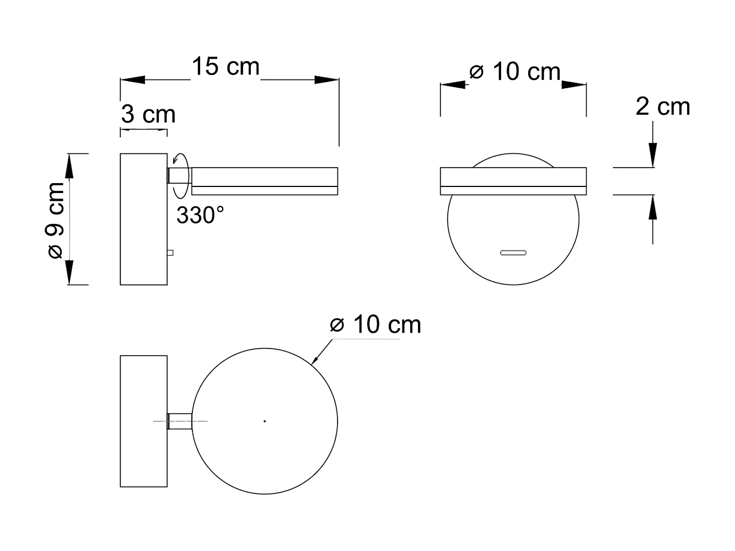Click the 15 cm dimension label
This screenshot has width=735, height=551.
tap(226, 67)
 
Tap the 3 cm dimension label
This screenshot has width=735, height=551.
tap(148, 115)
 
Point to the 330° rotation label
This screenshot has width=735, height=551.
tap(200, 215)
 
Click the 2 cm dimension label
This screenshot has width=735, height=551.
tap(663, 106)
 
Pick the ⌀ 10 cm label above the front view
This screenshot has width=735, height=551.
tap(515, 72)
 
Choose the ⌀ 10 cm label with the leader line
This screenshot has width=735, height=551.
tap(375, 324)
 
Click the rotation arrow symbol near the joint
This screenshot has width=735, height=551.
tap(181, 175)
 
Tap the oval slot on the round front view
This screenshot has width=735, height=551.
tap(513, 253)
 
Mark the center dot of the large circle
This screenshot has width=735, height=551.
tap(265, 421)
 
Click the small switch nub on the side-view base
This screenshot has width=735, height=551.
tap(171, 253)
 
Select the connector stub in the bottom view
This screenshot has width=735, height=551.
tap(180, 421)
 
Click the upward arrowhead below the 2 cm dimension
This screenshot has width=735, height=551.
tap(653, 208)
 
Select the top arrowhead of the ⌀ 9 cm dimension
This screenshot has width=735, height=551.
tap(69, 166)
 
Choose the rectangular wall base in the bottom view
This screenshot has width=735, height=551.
tap(143, 421)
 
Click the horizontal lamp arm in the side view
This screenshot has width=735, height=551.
tap(265, 181)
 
